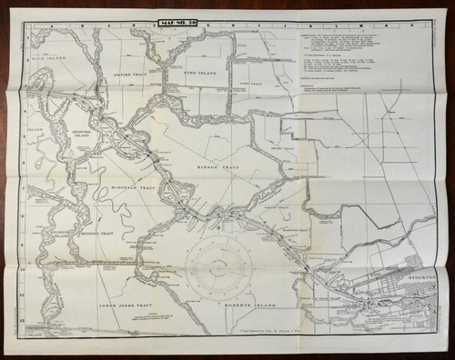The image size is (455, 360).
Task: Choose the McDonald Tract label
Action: coord(132,187)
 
